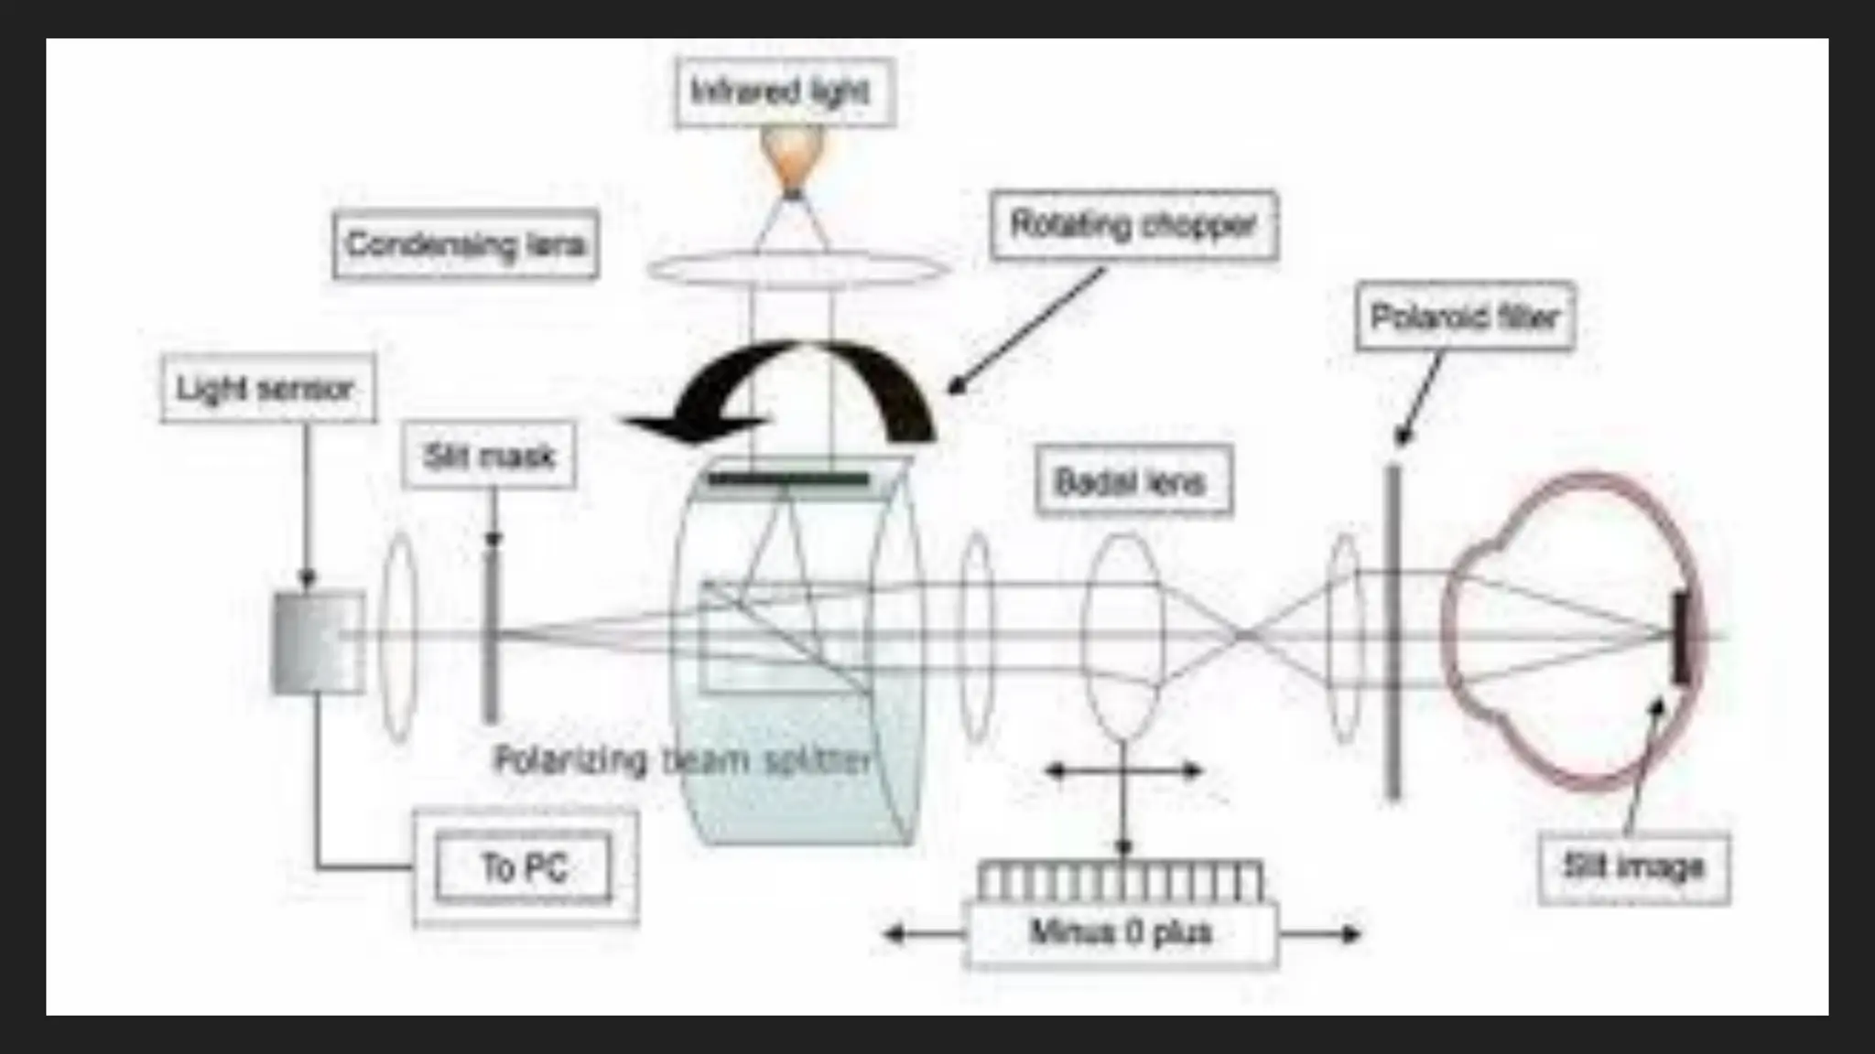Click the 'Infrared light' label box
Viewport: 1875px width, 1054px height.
785,92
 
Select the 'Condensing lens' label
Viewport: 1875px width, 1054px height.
466,244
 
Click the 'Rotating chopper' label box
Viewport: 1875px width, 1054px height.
1133,225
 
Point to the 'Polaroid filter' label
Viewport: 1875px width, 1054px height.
1465,317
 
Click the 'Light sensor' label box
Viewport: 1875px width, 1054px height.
267,389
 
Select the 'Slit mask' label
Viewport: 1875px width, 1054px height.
489,456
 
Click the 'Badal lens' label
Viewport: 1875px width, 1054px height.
1133,481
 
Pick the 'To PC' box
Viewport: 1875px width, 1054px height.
525,866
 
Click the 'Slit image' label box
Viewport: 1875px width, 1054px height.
1634,867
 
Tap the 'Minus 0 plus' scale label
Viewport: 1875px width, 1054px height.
1122,932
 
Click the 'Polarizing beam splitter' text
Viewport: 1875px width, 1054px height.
682,759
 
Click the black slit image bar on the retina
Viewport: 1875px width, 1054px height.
1681,638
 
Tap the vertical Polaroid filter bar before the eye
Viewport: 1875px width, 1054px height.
1393,631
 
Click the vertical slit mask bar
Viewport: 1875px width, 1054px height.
492,631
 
